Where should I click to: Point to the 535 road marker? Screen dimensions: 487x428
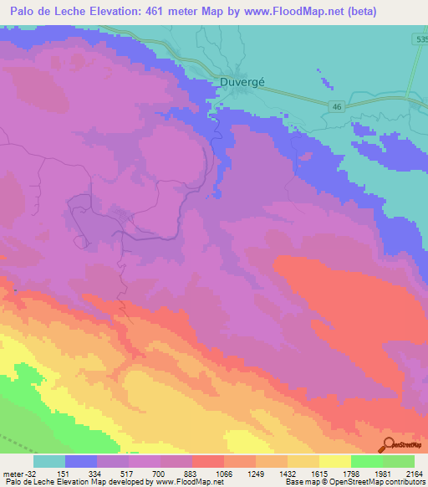click(x=420, y=39)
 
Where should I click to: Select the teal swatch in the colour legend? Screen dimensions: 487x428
click(x=49, y=461)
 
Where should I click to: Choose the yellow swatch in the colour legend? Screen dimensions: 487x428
click(x=335, y=461)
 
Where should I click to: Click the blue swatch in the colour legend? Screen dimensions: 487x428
click(x=81, y=461)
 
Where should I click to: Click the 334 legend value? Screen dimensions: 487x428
click(x=115, y=473)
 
